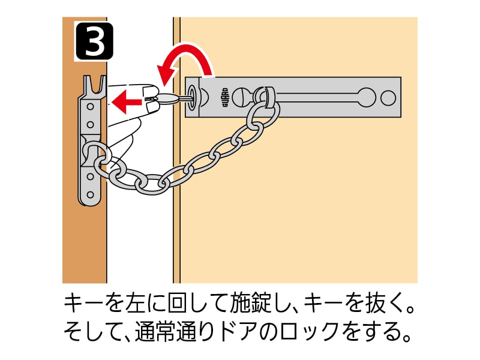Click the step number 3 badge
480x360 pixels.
[x=95, y=41]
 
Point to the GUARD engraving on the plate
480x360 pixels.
[x=224, y=97]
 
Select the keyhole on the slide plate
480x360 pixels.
[x=193, y=97]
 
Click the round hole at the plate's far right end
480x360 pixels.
[x=388, y=98]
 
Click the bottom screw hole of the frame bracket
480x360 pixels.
[x=91, y=194]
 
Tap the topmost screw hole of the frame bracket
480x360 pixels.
[x=91, y=107]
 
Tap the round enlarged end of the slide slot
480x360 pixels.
[x=367, y=97]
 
